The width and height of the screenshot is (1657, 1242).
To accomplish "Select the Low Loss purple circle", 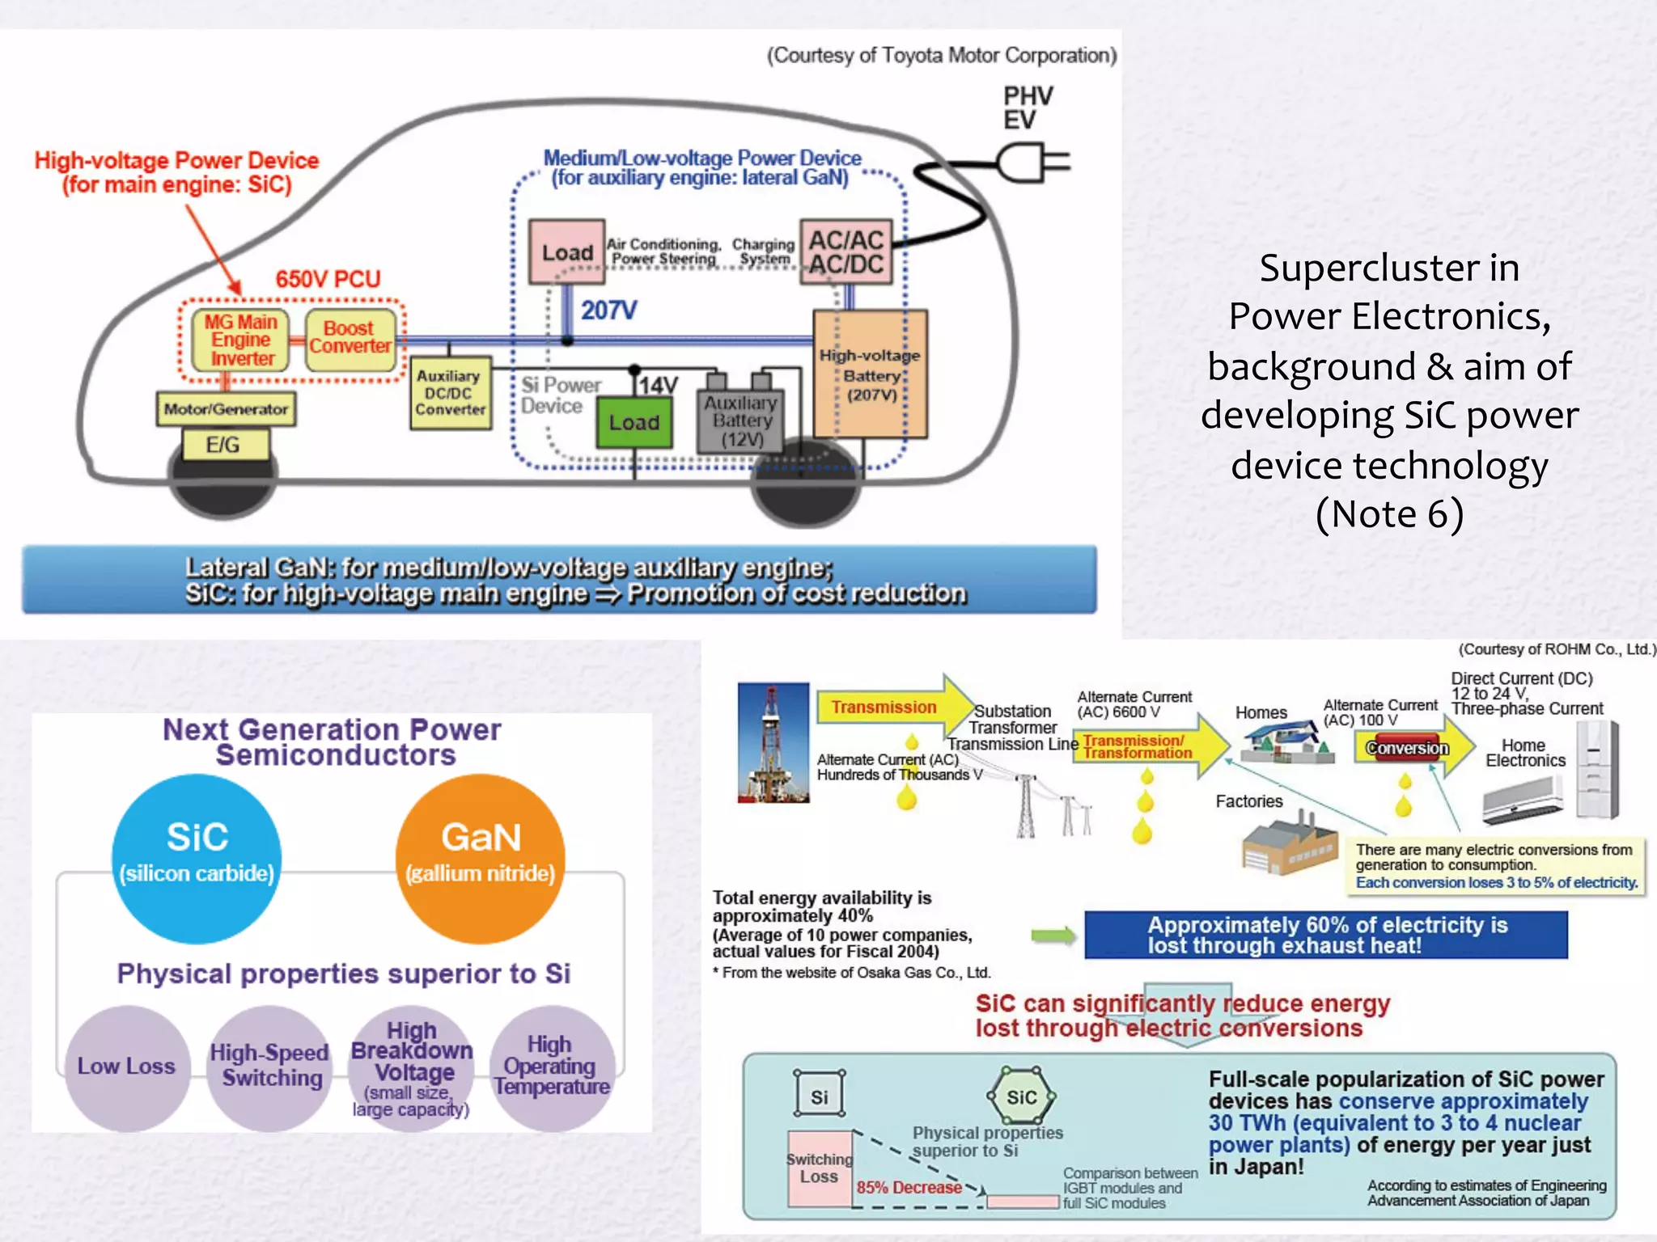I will pos(127,1067).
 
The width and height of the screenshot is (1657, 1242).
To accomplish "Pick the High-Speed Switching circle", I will pos(269,1067).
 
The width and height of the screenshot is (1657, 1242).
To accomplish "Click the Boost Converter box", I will pos(350,338).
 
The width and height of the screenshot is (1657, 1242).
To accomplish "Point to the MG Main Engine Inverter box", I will pos(240,340).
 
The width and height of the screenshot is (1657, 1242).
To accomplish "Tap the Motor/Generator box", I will pos(226,409).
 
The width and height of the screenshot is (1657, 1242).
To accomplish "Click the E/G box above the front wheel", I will pos(224,445).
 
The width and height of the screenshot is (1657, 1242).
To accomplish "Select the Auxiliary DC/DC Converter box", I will pos(450,393).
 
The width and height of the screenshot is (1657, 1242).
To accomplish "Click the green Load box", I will pos(634,422).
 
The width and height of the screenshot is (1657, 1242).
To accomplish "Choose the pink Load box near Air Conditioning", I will pos(566,252).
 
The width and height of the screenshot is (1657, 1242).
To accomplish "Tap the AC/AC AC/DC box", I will pos(846,251).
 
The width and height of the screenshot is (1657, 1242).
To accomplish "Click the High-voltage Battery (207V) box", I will pos(871,374).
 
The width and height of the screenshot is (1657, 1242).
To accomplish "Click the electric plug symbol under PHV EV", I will pos(1032,163).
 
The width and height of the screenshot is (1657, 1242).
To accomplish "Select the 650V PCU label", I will pos(328,280).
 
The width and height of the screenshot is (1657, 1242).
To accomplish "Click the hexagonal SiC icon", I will pos(1021,1096).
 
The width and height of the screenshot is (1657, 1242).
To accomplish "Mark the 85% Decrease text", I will pos(909,1187).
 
